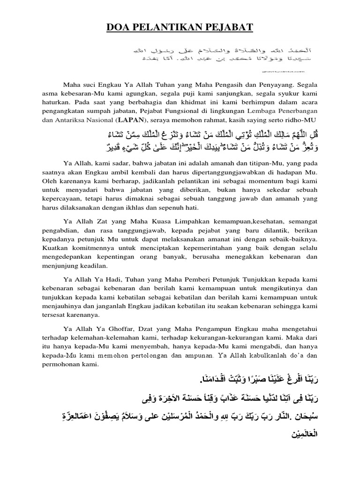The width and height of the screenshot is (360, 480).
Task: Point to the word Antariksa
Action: (x=74, y=120)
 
